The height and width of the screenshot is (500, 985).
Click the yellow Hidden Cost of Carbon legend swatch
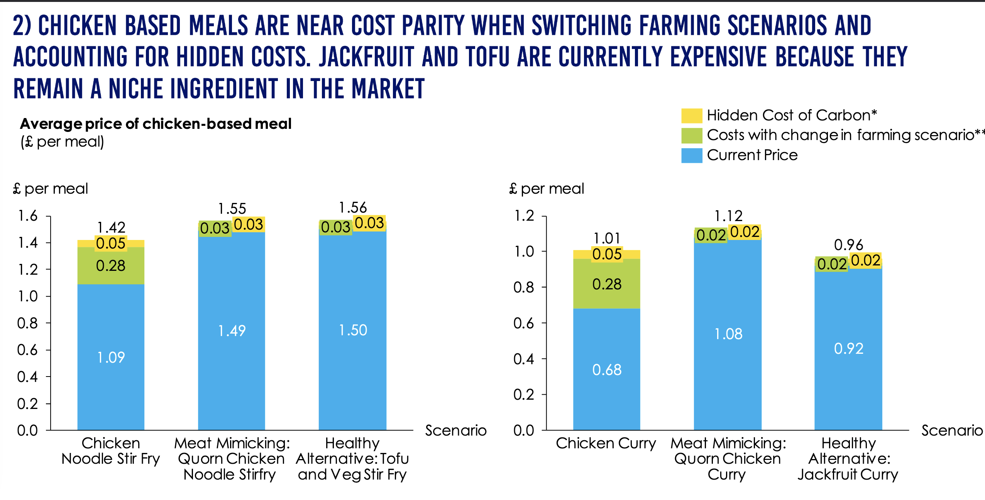point(691,116)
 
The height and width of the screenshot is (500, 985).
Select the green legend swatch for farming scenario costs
point(691,135)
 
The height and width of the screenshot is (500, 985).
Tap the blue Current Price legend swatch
point(691,155)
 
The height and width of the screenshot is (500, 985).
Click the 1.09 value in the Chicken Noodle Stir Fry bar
point(111,358)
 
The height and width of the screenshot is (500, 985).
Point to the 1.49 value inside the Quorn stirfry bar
point(232,331)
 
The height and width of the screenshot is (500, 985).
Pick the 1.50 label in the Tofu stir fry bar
point(353,330)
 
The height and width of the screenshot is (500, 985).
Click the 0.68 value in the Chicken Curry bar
point(607,370)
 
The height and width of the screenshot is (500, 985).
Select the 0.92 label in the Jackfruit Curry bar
point(848,349)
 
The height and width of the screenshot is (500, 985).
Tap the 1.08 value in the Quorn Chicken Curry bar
point(728,334)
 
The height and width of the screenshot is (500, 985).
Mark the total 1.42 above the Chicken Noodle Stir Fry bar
point(111,227)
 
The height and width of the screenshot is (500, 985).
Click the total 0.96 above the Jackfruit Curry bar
point(848,245)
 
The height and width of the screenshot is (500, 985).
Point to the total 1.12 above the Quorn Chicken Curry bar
point(728,216)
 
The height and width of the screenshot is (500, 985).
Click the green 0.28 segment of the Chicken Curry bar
point(607,284)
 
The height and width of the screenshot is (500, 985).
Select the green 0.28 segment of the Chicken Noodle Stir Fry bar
point(111,266)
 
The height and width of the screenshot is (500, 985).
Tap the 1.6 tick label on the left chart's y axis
point(28,216)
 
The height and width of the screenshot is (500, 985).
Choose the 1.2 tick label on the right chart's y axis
point(524,216)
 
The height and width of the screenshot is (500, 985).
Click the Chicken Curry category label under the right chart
point(606,443)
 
